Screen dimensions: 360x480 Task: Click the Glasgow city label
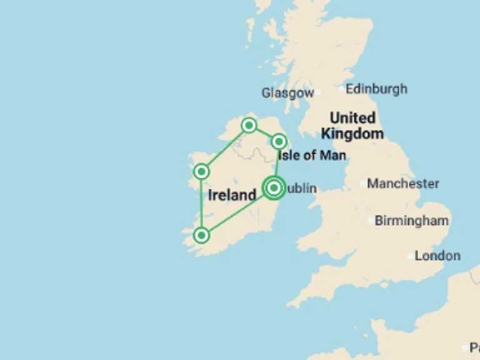coord(287,93)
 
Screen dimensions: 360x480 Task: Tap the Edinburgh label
coord(376,89)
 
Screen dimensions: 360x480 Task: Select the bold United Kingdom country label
coord(352,125)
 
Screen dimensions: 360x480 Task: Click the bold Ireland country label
coord(232,195)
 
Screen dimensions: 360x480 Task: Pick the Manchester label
coord(403,184)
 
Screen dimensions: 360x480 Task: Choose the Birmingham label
coord(412,220)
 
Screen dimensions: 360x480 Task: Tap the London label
coord(437,256)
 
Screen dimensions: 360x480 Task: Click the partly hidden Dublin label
coord(302,188)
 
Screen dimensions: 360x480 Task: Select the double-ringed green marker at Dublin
coord(274,187)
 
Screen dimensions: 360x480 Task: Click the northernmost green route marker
coord(249,126)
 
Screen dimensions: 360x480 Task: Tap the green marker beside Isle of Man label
coord(279,141)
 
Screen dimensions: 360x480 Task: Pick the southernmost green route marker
coord(201,235)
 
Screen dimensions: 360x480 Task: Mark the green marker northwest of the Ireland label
coord(201,171)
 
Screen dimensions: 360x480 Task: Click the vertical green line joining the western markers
coord(201,203)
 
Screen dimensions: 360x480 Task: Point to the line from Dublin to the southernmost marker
coord(237,211)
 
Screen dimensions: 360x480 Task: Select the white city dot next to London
coord(411,256)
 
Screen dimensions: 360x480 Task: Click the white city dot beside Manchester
coord(363,184)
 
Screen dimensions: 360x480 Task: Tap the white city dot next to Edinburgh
coord(341,89)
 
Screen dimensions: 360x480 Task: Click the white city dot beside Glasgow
coord(317,92)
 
